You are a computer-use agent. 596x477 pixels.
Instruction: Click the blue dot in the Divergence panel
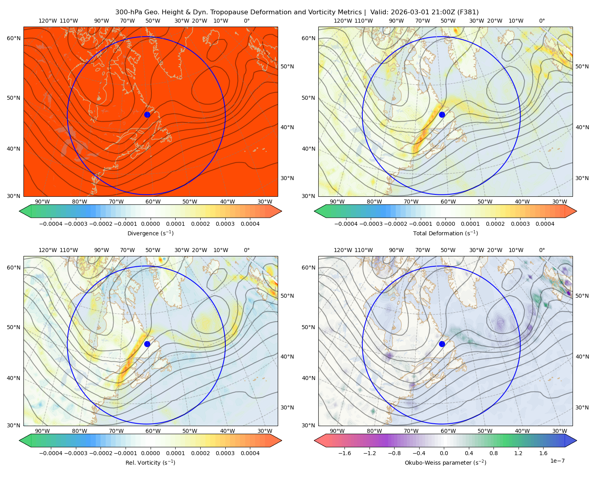coord(147,114)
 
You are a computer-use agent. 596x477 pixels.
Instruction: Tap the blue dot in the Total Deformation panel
coord(442,114)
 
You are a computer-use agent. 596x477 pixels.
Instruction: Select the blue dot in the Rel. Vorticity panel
coord(147,344)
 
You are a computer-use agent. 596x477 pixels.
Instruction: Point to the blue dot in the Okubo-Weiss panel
coord(442,344)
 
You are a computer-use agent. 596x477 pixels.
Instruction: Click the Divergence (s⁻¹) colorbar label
coord(150,233)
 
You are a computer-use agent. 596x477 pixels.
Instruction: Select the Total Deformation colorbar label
coord(445,233)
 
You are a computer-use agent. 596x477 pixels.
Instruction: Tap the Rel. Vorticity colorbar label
coord(150,462)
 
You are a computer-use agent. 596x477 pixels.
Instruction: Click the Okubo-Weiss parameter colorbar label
coord(445,462)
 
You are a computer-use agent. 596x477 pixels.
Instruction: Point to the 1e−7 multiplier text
coord(557,461)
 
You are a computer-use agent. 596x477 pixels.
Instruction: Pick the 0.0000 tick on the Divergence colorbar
coord(150,224)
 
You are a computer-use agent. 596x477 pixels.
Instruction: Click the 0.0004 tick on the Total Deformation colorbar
coord(545,224)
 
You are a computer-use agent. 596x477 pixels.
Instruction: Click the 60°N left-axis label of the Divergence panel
coord(14,38)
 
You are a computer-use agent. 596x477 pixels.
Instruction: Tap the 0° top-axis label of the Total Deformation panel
coord(542,21)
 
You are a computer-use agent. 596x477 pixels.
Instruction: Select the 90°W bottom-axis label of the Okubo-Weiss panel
coord(337,431)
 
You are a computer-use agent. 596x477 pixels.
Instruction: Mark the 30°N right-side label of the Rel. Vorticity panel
coord(287,407)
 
